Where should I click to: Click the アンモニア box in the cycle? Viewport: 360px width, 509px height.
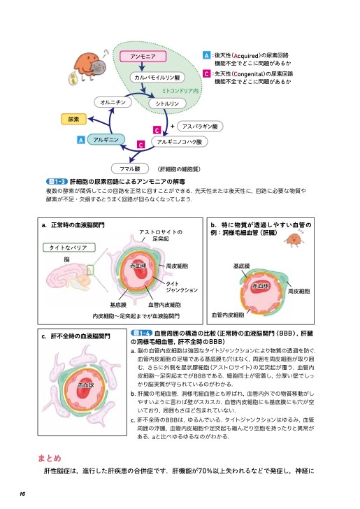(143, 55)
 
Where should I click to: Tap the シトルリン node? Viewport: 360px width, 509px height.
(165, 103)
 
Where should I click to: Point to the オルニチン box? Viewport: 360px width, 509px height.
(113, 102)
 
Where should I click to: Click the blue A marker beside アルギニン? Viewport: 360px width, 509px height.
(81, 141)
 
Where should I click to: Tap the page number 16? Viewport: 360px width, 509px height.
(23, 494)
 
